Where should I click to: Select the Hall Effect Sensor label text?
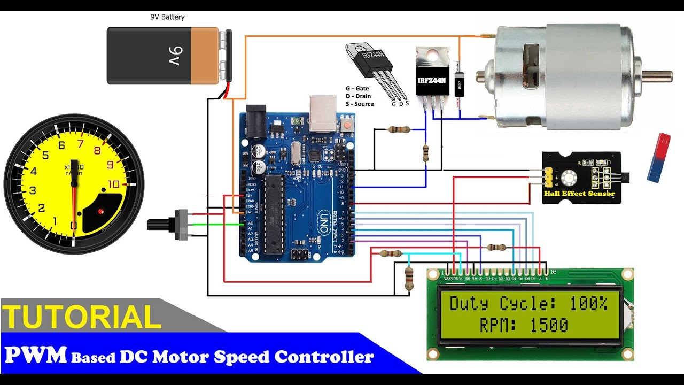(x=579, y=194)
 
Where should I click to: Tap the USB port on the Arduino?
(x=323, y=113)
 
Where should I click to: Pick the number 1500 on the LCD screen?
(x=549, y=325)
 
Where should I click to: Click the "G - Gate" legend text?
(x=357, y=89)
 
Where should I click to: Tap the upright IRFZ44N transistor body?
(x=432, y=80)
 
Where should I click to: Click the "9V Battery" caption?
(x=167, y=17)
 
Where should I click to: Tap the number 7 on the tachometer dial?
(x=81, y=144)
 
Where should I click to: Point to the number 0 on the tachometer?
(x=74, y=226)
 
